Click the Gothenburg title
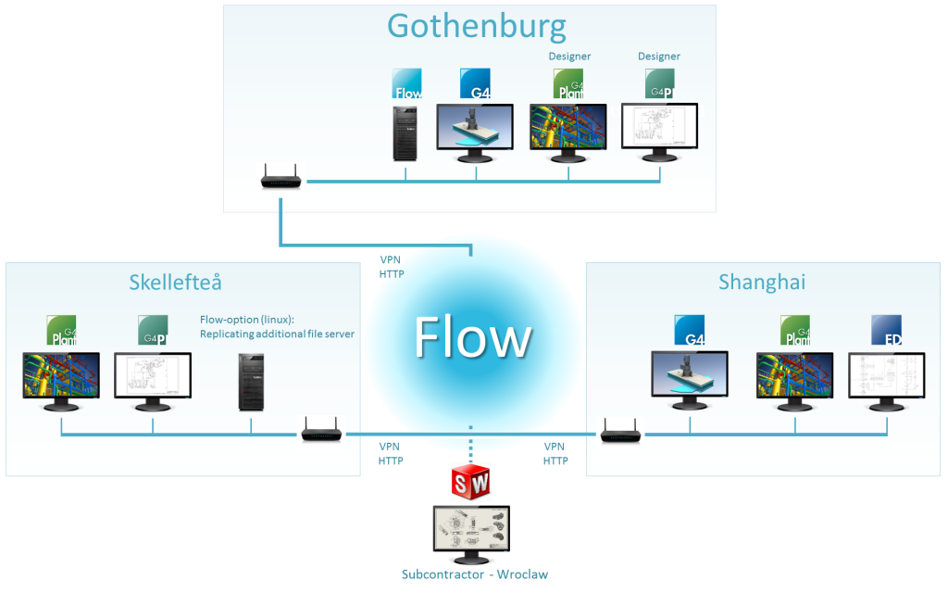(476, 26)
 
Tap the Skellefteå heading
(175, 283)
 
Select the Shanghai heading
(761, 283)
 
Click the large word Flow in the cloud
(472, 337)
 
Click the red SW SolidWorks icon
(469, 482)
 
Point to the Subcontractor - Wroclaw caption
(474, 574)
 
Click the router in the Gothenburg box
(281, 177)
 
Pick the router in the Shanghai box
(620, 432)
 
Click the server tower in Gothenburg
(405, 132)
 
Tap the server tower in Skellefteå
(251, 382)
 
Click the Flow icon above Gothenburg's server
(407, 83)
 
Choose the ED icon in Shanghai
(886, 330)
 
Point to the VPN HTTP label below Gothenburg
(392, 267)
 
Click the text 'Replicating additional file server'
(277, 334)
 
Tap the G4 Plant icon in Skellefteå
(61, 330)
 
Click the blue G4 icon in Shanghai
(690, 330)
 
